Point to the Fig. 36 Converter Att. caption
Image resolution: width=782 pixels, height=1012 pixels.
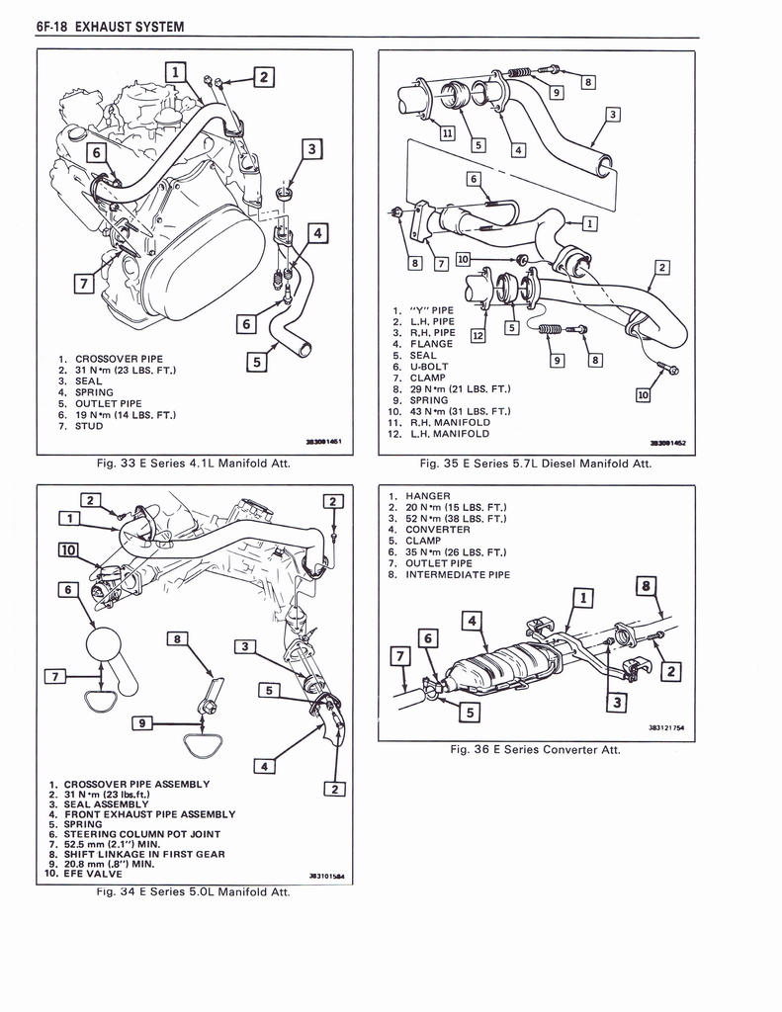pos(535,749)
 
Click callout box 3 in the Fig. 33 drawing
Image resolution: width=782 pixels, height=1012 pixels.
pos(311,150)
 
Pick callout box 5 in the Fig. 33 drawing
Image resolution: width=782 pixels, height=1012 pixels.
pos(256,362)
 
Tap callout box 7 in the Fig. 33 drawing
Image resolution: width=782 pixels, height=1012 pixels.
pos(86,287)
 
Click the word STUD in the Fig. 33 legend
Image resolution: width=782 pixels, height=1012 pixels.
pos(89,426)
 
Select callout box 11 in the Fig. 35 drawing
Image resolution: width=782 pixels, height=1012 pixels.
pos(447,133)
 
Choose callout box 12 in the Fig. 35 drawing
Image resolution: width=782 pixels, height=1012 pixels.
pos(478,335)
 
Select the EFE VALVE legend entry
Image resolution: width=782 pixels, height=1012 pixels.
pos(94,874)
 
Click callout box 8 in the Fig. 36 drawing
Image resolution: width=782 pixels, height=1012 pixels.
pos(647,586)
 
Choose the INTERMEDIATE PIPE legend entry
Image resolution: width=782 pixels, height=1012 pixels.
pos(458,574)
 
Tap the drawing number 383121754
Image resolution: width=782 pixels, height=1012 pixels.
pos(665,728)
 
